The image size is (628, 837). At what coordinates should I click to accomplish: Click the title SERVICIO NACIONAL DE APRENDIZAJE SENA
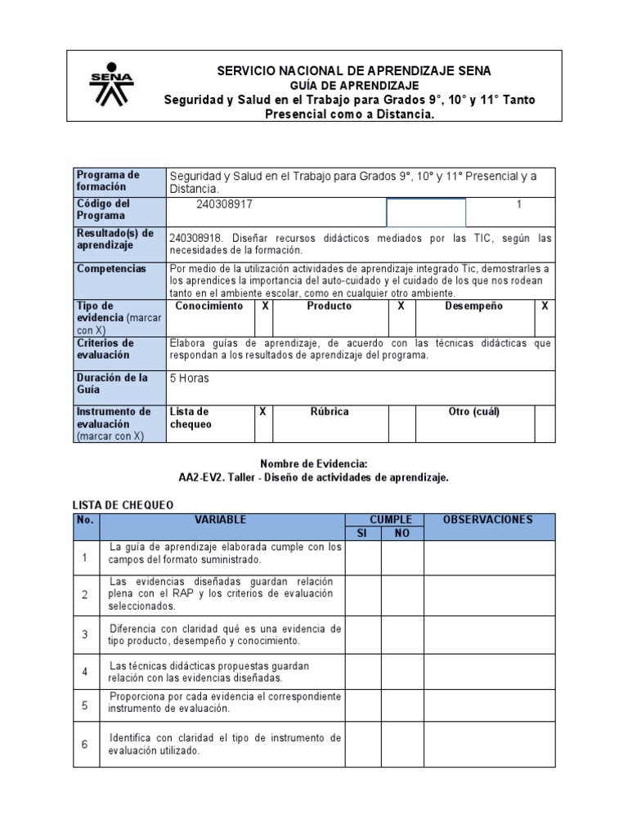tap(354, 71)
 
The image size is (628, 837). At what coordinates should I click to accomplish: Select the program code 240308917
tap(224, 204)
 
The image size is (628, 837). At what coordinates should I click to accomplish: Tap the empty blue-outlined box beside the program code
tap(425, 213)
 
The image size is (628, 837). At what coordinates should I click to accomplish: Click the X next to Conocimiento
tap(264, 306)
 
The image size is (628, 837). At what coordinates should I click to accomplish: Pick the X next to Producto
tap(401, 306)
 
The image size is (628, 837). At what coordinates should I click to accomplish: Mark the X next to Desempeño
tap(545, 306)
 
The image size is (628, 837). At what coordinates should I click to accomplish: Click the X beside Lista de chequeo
tap(262, 412)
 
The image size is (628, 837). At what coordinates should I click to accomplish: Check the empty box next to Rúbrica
tap(401, 423)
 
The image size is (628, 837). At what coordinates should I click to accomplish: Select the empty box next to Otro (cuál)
tap(545, 423)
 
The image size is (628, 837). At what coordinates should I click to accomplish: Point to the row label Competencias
tap(111, 269)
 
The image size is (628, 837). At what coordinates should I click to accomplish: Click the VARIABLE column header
tap(221, 520)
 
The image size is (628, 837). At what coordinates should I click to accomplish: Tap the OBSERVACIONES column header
tap(488, 520)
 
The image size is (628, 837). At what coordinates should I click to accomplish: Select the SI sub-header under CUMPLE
tap(362, 534)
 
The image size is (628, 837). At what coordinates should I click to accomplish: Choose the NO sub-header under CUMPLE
tap(401, 534)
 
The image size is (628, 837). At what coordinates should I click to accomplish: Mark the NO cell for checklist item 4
tap(401, 671)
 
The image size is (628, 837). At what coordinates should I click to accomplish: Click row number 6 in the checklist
tap(85, 745)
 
